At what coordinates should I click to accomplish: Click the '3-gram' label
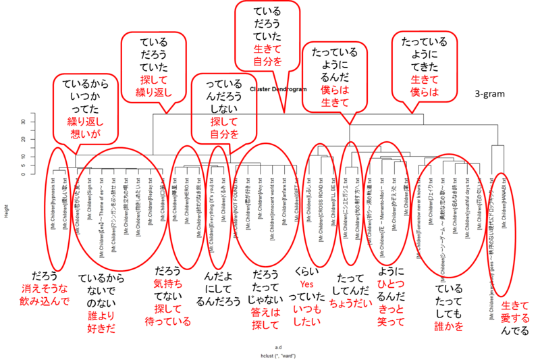click(494, 96)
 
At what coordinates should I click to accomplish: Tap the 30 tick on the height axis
click(24, 122)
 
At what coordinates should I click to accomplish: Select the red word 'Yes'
click(307, 284)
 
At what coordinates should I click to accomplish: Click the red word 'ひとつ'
click(392, 284)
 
